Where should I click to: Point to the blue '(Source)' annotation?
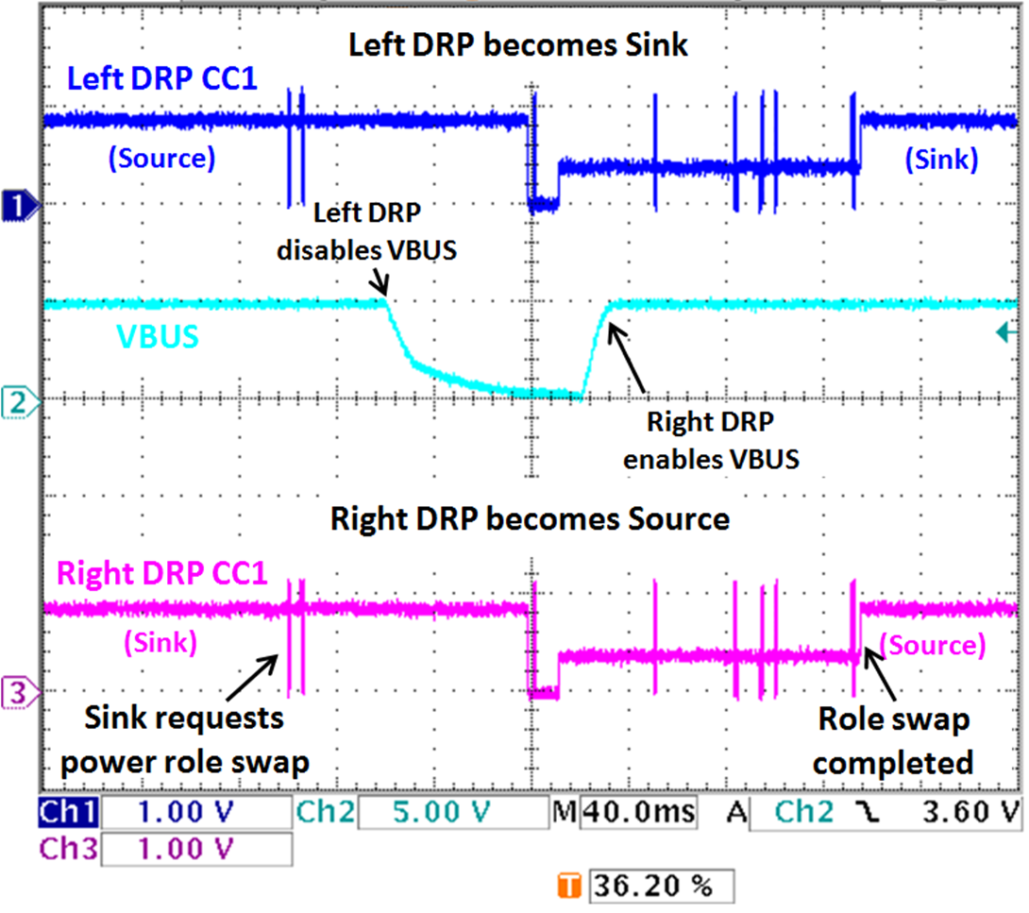(x=161, y=158)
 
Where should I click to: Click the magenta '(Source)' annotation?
(x=932, y=645)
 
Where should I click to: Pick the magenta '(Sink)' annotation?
(x=160, y=645)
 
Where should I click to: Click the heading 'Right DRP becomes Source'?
(x=529, y=518)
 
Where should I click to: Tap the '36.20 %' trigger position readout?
(x=660, y=888)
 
